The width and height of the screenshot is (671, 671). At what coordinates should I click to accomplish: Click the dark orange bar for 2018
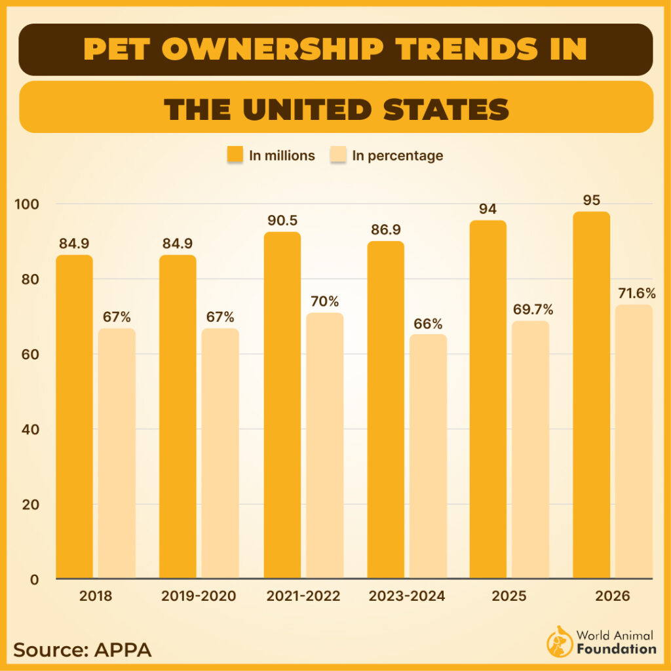pyautogui.click(x=74, y=417)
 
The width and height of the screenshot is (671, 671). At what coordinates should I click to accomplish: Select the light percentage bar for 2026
pyautogui.click(x=634, y=442)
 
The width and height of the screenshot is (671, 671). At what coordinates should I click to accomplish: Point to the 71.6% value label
pyautogui.click(x=636, y=293)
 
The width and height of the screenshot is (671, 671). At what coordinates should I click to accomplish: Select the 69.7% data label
pyautogui.click(x=531, y=309)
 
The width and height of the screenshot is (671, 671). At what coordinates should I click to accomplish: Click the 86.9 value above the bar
pyautogui.click(x=385, y=229)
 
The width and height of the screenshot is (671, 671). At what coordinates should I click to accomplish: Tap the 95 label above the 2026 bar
pyautogui.click(x=591, y=200)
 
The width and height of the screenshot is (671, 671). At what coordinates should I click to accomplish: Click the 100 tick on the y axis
pyautogui.click(x=27, y=204)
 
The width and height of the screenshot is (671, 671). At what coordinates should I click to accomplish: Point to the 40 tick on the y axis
pyautogui.click(x=30, y=430)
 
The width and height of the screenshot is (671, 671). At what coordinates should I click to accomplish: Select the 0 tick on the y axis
pyautogui.click(x=35, y=579)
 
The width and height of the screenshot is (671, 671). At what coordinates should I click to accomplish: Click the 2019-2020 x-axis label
pyautogui.click(x=199, y=596)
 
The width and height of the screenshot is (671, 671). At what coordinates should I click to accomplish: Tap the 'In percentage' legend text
pyautogui.click(x=397, y=156)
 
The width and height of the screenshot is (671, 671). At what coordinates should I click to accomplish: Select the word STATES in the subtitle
pyautogui.click(x=446, y=108)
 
